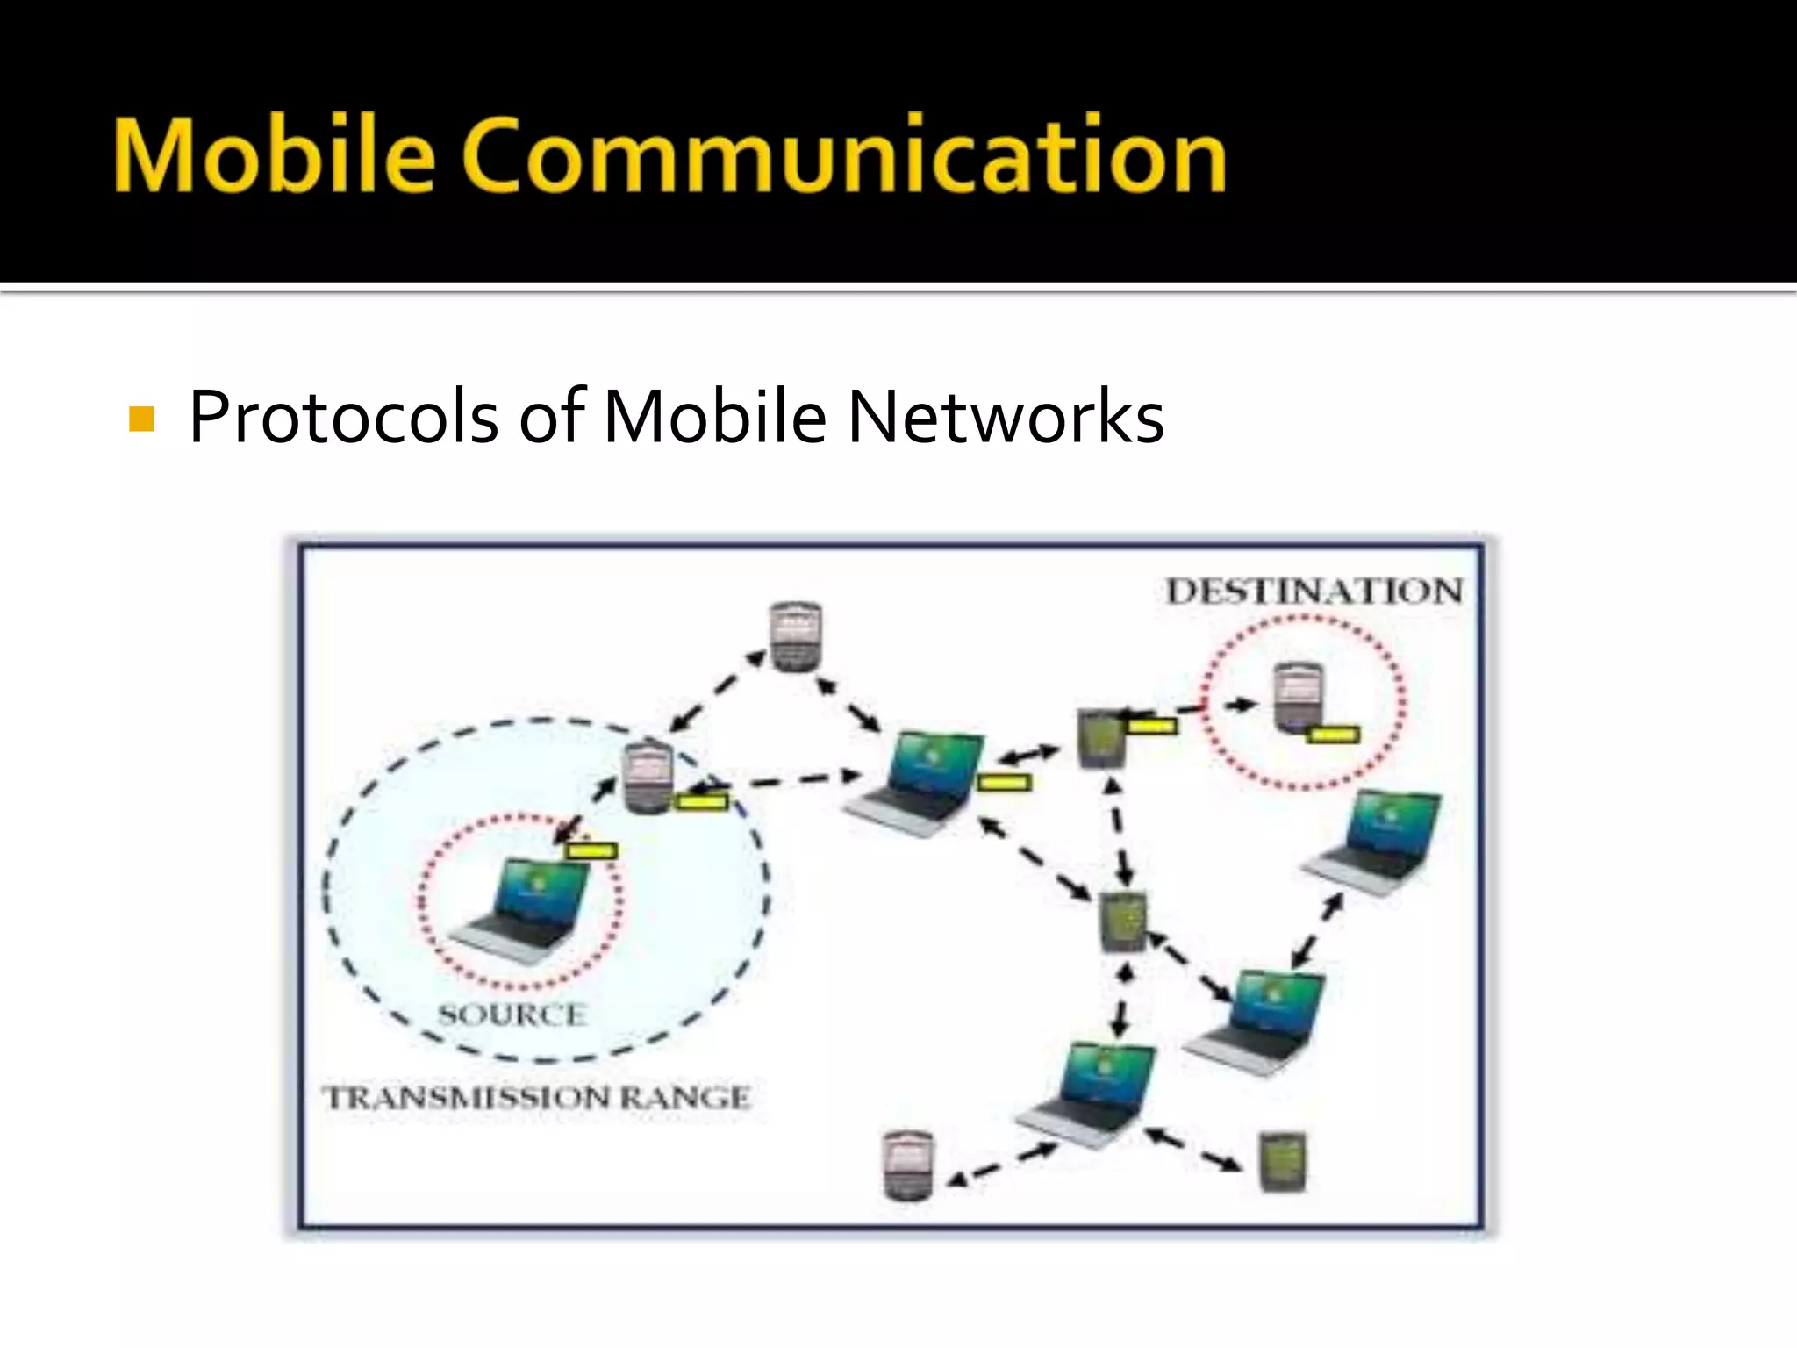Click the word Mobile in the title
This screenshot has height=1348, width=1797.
coord(274,155)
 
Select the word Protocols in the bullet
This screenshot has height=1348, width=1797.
coord(343,417)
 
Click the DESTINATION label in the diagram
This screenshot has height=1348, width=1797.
coord(1314,592)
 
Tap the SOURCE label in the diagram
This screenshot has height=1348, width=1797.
coord(512,1015)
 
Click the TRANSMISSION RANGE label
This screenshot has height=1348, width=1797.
coord(537,1097)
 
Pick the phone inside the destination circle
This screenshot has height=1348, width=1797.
coord(1298,696)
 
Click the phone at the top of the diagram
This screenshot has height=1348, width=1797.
coord(795,636)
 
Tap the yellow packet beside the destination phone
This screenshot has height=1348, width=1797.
coord(1332,735)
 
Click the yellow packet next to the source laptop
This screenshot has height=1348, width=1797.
coord(591,850)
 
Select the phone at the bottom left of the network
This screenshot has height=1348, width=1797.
coord(908,1165)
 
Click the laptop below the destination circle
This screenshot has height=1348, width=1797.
coord(1375,842)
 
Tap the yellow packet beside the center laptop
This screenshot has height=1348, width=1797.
coord(1004,782)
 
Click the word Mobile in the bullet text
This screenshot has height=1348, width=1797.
coord(714,417)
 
